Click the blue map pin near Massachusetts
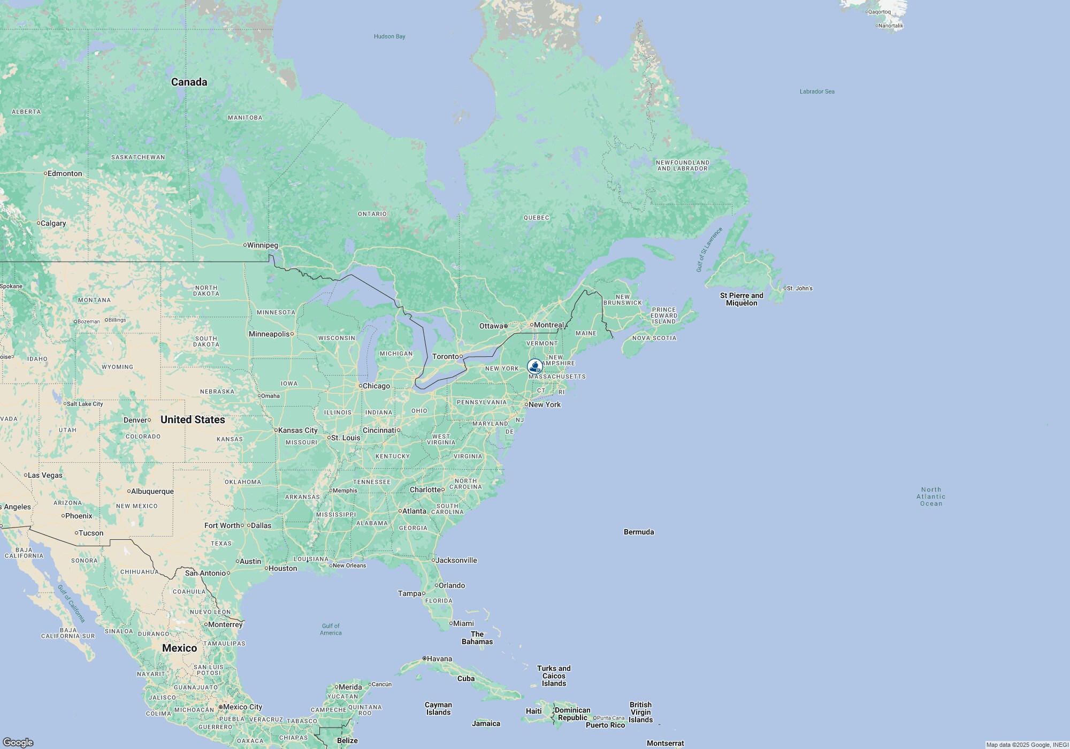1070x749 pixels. point(534,366)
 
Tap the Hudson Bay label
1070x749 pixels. point(389,36)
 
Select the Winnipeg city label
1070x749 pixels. point(262,246)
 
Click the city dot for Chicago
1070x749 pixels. point(361,386)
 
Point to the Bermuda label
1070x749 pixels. point(639,532)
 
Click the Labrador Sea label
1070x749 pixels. point(817,91)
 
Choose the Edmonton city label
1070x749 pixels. point(65,173)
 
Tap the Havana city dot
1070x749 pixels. point(424,659)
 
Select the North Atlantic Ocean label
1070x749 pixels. point(931,496)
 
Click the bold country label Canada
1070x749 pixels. point(189,82)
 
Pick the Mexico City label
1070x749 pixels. point(242,707)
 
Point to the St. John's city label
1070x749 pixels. point(800,288)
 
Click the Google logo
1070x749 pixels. point(18,743)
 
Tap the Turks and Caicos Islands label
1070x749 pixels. point(554,676)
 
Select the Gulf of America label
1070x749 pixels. point(331,629)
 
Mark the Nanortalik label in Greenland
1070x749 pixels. point(891,26)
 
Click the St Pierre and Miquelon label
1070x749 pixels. point(742,299)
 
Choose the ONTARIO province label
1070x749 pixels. point(372,214)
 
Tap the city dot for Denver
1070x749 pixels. point(149,420)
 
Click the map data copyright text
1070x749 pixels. point(1027,745)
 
